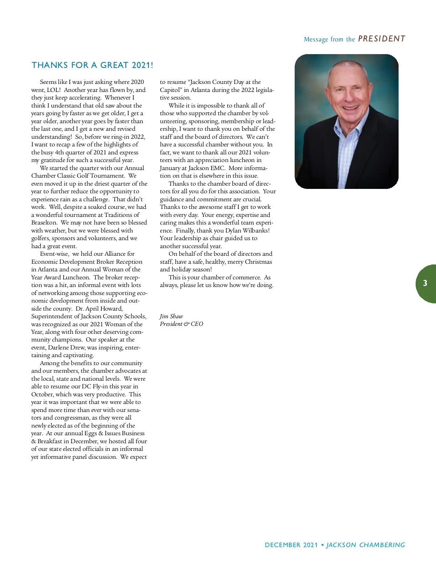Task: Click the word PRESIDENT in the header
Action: (381, 39)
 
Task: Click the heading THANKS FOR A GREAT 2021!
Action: (92, 65)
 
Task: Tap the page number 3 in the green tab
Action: (425, 283)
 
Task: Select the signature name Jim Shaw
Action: (171, 316)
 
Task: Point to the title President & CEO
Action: (181, 324)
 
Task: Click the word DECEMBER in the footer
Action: (283, 545)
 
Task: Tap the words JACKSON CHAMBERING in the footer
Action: (366, 545)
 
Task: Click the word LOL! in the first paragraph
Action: (53, 90)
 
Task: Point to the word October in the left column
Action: (43, 395)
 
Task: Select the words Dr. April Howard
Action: (99, 309)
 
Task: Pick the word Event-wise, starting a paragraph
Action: (54, 254)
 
